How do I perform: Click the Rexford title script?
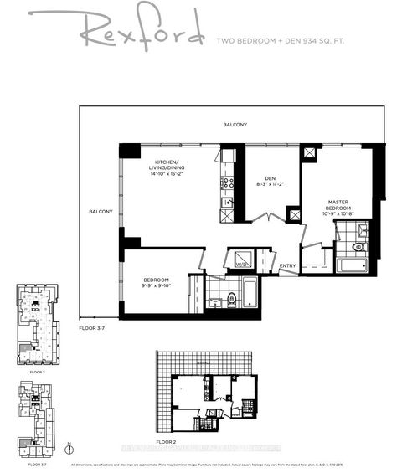point(142,33)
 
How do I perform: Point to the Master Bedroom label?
point(338,207)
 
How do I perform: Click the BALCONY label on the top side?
point(234,125)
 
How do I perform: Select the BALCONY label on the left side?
point(100,212)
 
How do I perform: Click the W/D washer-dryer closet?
point(242,260)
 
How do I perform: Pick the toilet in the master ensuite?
point(358,248)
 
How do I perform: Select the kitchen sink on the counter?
point(225,203)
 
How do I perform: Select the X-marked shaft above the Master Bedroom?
point(310,153)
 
